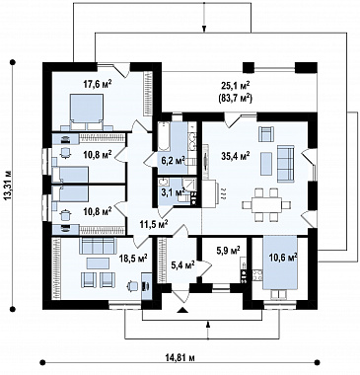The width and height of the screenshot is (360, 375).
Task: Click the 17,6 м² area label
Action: [97, 84]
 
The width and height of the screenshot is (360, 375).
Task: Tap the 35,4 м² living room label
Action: [236, 156]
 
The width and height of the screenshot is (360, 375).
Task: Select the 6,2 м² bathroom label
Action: [173, 160]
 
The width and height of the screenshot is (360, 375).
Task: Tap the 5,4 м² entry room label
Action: [182, 264]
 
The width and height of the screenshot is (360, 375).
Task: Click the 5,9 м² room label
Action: [228, 251]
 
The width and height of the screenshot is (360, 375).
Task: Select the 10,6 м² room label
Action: [283, 257]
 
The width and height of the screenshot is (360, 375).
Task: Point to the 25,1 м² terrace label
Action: [236, 86]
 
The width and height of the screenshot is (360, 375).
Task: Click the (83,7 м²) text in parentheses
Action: [235, 98]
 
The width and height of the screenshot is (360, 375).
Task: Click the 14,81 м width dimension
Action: [180, 358]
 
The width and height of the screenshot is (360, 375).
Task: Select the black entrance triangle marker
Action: [182, 310]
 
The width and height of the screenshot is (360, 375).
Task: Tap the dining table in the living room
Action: [266, 205]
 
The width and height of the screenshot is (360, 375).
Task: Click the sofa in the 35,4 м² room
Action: [285, 164]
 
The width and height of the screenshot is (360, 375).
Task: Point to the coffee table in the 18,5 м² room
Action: [98, 263]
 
